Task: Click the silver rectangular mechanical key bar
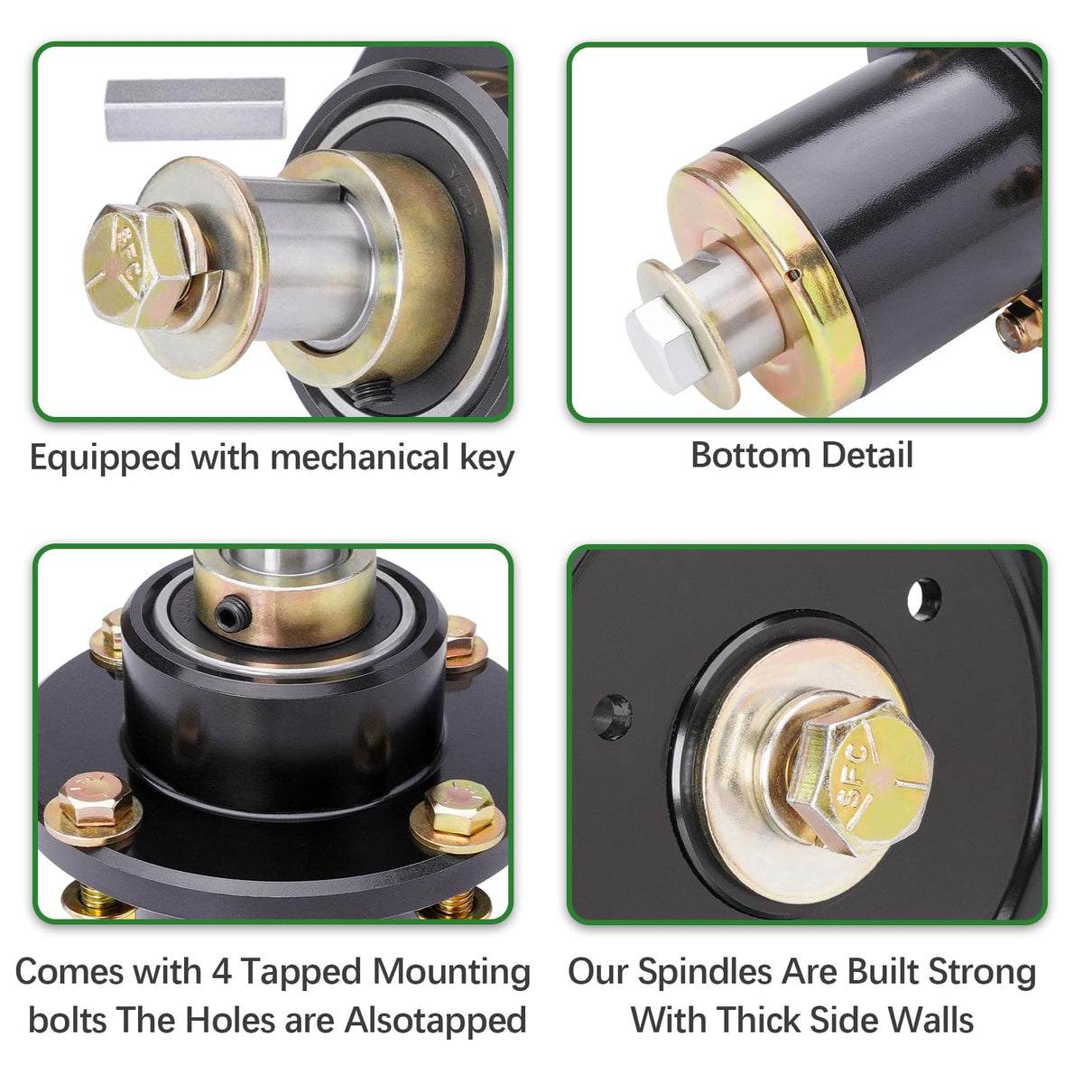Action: click(x=195, y=108)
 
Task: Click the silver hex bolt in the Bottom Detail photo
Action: click(x=667, y=345)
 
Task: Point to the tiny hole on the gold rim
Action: click(x=793, y=274)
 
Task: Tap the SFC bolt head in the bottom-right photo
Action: click(x=860, y=777)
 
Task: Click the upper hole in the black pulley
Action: click(x=924, y=600)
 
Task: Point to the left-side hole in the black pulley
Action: click(x=612, y=717)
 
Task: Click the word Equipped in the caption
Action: click(x=106, y=459)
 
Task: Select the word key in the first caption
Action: click(x=486, y=459)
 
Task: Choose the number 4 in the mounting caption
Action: click(x=222, y=971)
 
